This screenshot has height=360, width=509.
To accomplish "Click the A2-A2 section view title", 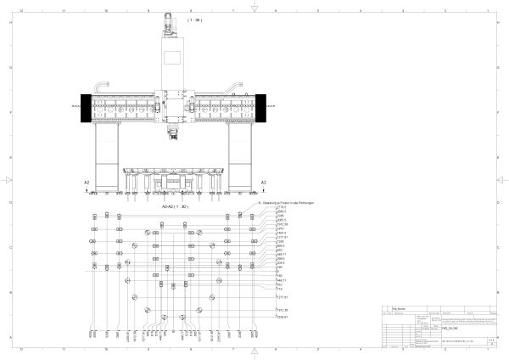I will point(176,205).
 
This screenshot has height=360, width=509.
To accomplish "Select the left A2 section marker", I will point(87,183).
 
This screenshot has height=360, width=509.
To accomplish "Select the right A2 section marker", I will point(264,183).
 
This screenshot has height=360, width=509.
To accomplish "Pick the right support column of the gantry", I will point(241,157).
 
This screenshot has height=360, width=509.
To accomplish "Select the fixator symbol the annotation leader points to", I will point(240,216).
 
